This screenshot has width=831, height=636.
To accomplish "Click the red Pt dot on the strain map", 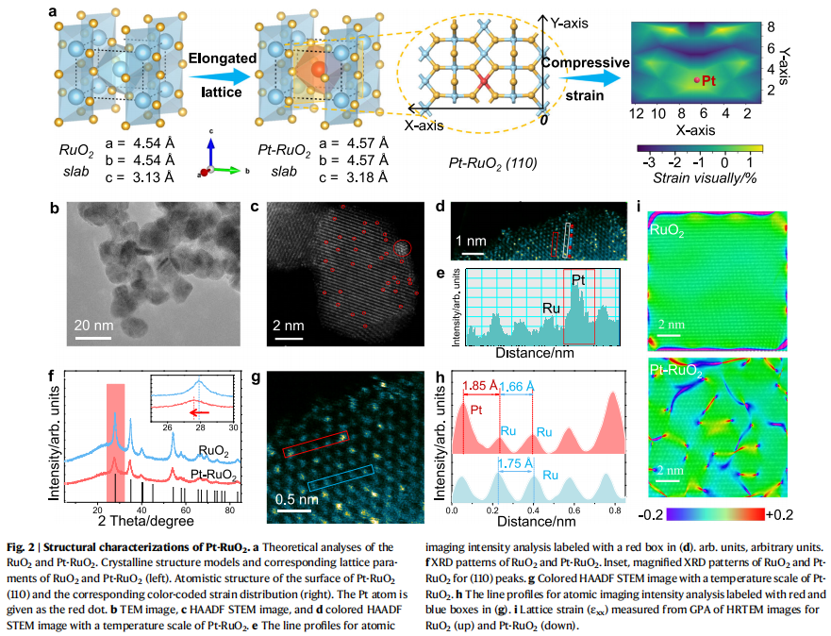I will pyautogui.click(x=697, y=82).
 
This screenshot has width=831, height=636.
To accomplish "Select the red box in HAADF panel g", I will pyautogui.click(x=316, y=444).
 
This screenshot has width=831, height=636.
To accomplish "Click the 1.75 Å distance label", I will pyautogui.click(x=516, y=464).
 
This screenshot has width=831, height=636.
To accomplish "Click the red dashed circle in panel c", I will pyautogui.click(x=403, y=250).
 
